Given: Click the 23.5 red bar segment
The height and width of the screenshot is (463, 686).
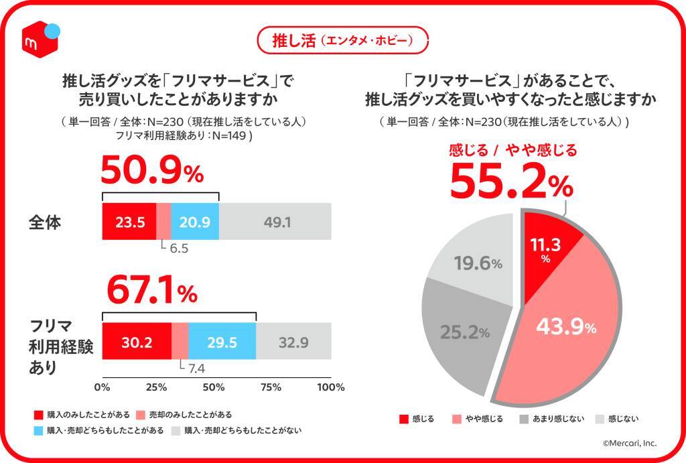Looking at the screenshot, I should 129,221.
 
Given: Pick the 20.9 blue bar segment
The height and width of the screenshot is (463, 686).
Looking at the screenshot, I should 195,221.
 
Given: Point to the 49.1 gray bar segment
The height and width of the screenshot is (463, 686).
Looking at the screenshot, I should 275,221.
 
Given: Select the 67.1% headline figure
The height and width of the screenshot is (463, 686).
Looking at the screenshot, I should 151,292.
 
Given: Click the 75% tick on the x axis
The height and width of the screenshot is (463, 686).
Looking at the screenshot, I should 271,387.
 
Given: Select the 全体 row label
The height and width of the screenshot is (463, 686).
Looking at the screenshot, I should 46,221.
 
